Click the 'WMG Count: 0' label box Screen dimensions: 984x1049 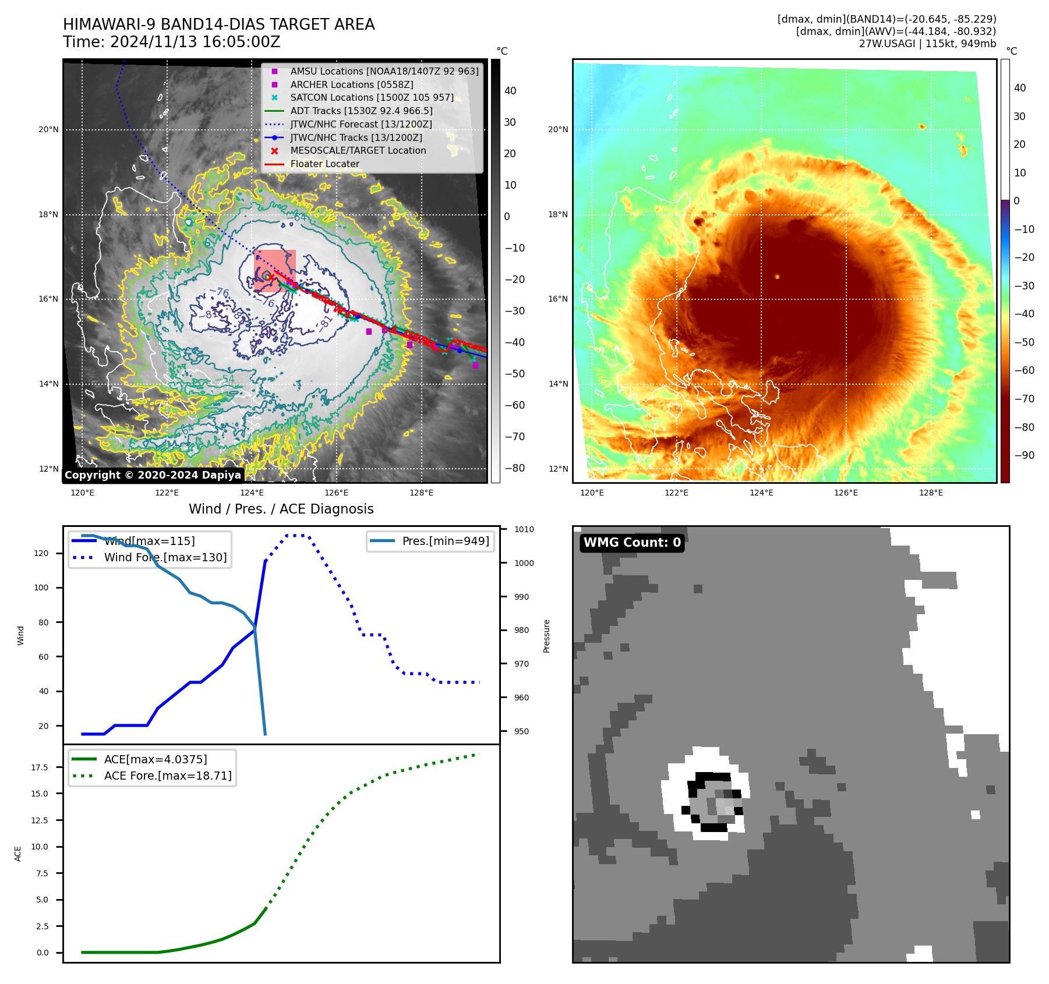(x=632, y=543)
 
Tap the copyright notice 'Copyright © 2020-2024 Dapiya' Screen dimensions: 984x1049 (x=153, y=475)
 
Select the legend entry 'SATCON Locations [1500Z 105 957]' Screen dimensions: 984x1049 (x=372, y=98)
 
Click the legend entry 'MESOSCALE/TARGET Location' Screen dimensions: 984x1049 (x=358, y=151)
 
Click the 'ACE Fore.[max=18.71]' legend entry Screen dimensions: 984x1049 (x=167, y=776)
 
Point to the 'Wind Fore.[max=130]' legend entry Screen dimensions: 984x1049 (x=165, y=558)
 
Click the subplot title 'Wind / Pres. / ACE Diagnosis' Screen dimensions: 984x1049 (x=281, y=509)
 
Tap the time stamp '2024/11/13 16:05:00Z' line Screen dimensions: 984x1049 (x=172, y=43)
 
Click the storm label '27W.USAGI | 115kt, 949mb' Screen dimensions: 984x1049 (x=927, y=44)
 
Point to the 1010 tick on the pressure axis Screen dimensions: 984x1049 (x=524, y=530)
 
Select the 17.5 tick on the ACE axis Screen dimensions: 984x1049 (x=40, y=768)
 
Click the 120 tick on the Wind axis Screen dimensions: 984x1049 (x=41, y=554)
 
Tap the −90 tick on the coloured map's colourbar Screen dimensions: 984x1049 (x=1025, y=456)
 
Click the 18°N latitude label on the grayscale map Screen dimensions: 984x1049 (x=48, y=215)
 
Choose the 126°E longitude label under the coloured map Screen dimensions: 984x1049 (x=846, y=493)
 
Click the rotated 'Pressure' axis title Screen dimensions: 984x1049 (x=547, y=636)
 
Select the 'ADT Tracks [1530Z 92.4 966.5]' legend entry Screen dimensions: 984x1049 (x=361, y=111)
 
